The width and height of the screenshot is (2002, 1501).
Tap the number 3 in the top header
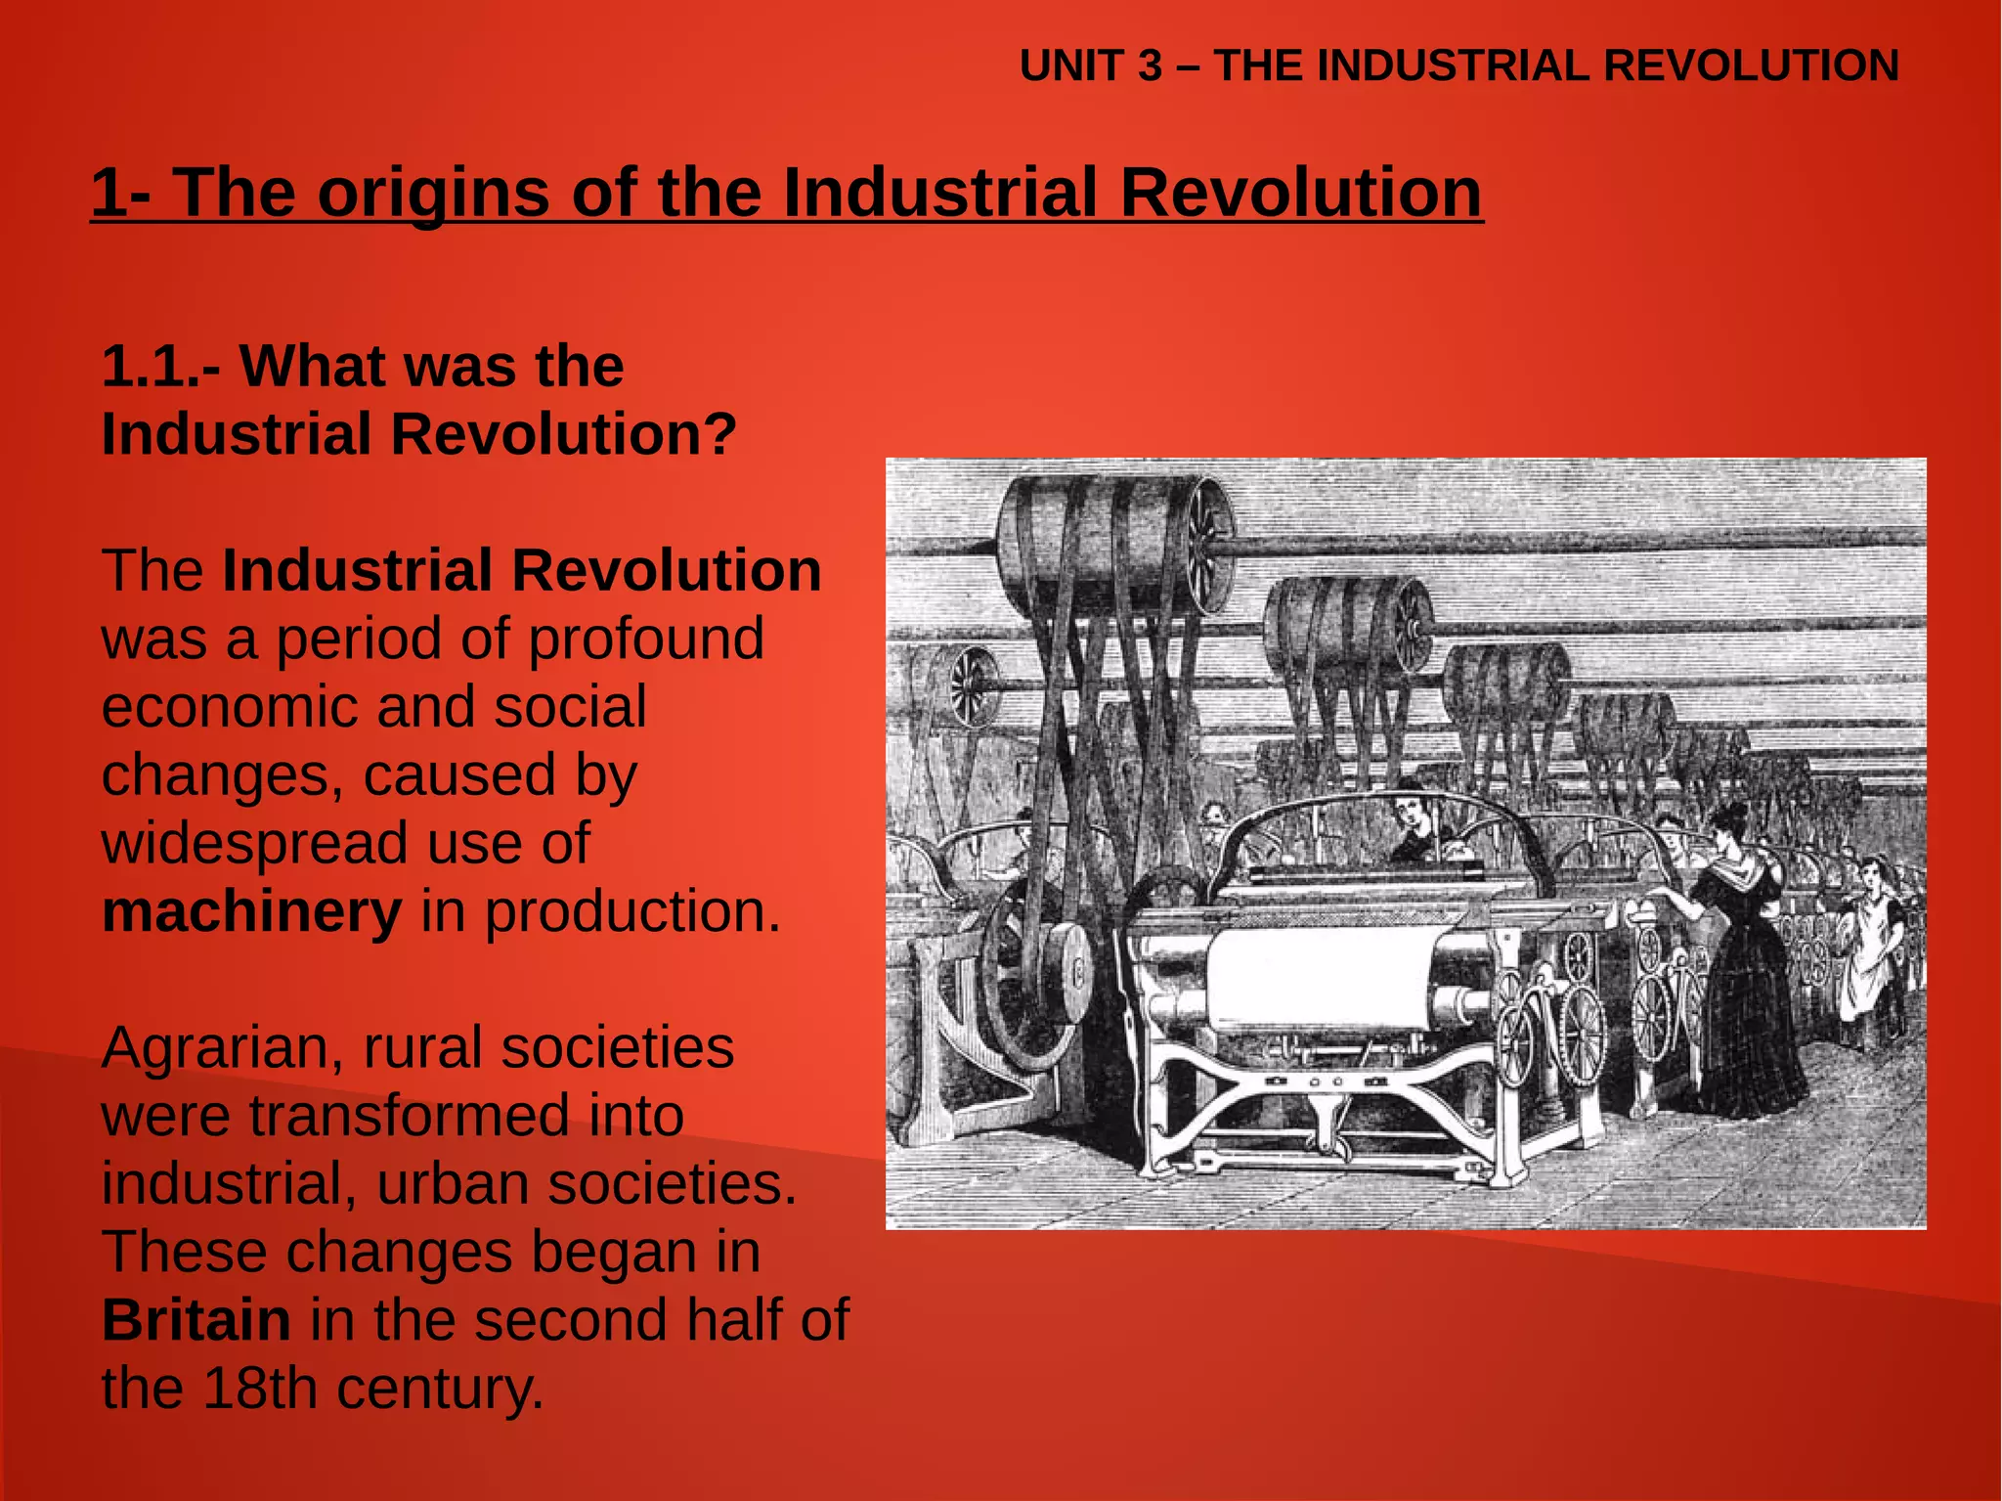[1150, 66]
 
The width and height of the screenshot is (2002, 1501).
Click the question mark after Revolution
[719, 433]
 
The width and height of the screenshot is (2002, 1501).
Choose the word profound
[646, 640]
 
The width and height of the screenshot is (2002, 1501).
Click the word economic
[229, 707]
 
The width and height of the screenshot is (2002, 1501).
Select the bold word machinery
[251, 911]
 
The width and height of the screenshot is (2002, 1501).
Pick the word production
[632, 911]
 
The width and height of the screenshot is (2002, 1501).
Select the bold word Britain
[196, 1319]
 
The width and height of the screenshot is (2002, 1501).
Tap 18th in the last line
[255, 1388]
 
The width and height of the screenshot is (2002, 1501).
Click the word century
[440, 1388]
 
